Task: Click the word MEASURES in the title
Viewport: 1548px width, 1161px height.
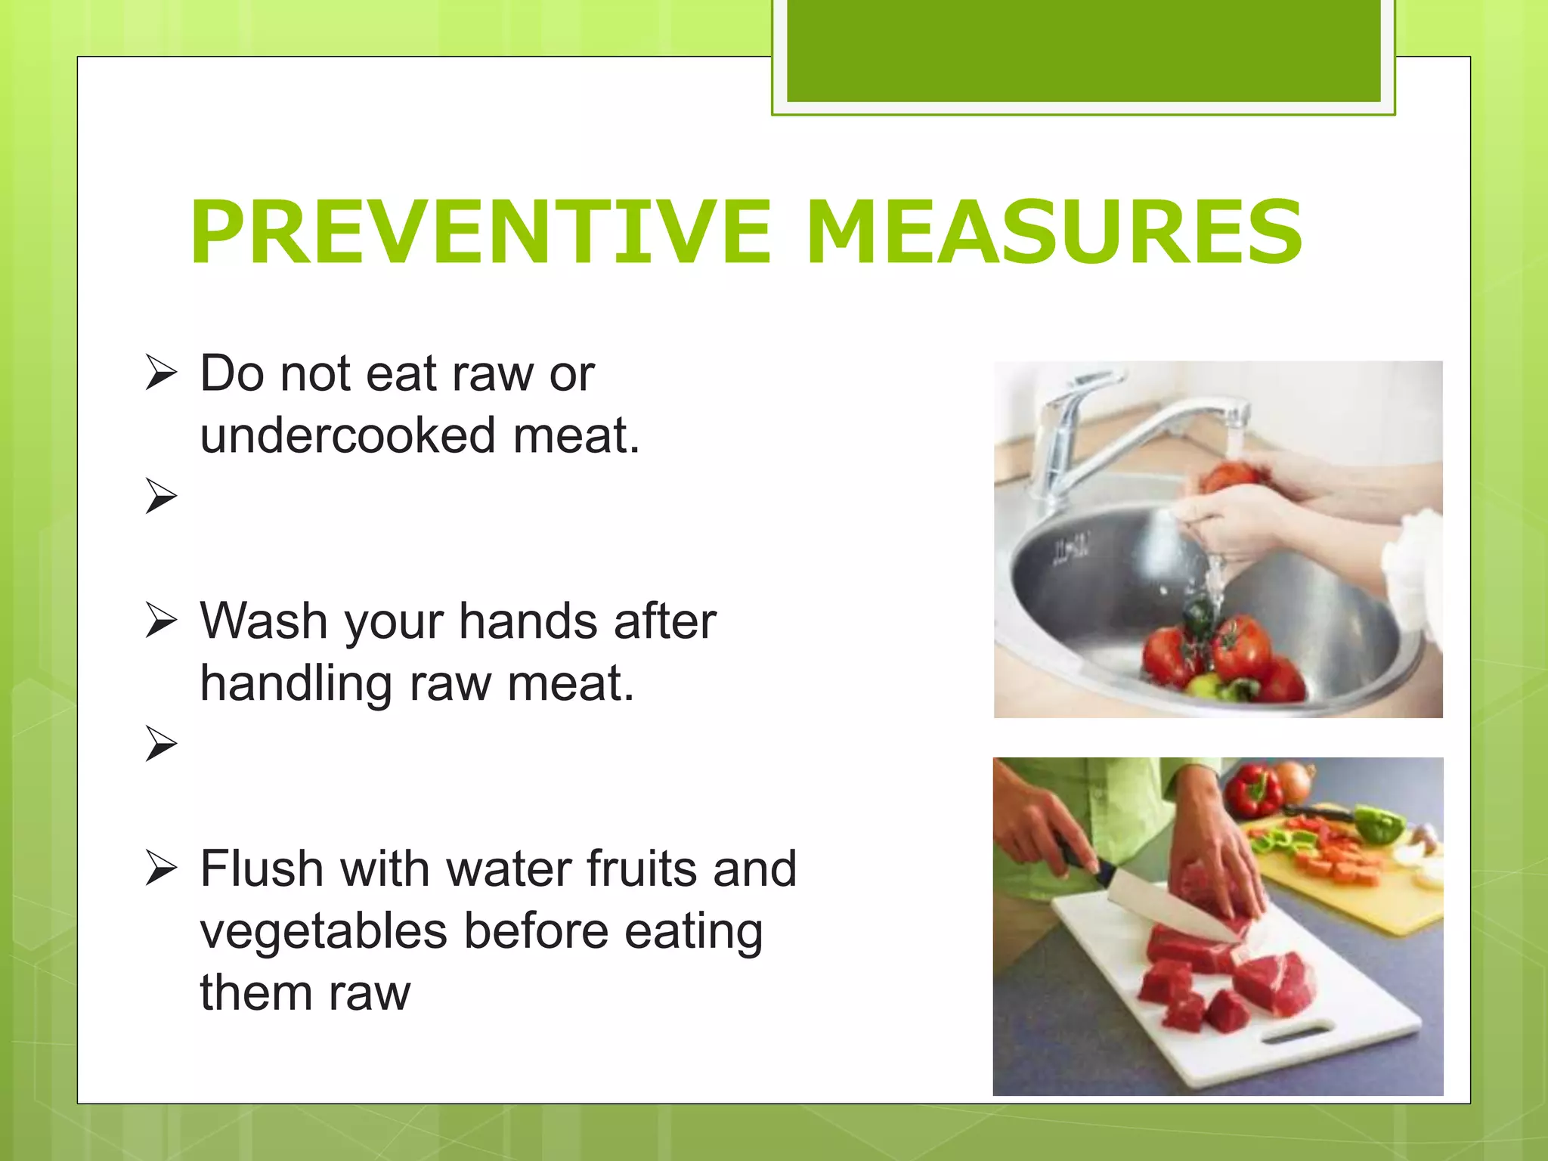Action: point(1054,232)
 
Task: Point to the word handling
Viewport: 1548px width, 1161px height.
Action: point(296,683)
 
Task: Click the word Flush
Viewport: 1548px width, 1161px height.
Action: point(262,868)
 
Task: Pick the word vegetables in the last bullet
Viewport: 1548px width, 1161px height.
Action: point(323,931)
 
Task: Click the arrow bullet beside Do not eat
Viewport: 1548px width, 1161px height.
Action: point(161,373)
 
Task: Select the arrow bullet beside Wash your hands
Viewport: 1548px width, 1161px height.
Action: point(161,621)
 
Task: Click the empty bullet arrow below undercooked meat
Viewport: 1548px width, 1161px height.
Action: point(161,497)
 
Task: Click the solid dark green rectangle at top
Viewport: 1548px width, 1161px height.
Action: point(1083,50)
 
